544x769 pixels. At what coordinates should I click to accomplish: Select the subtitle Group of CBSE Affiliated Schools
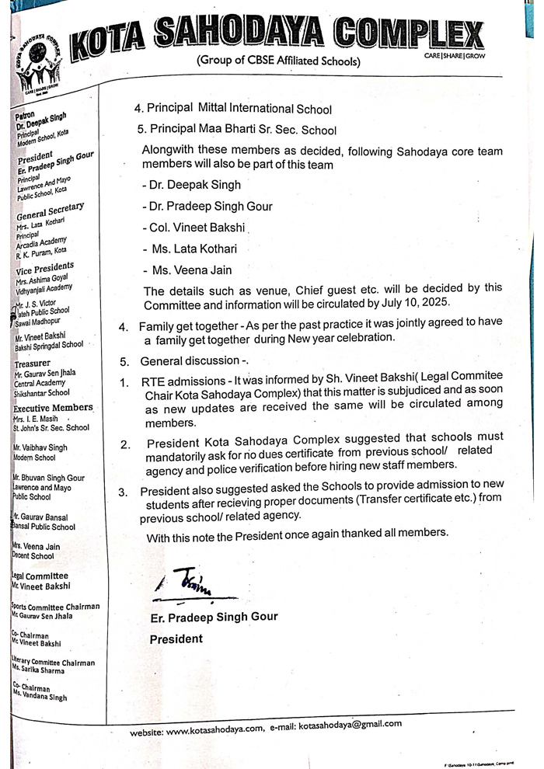(277, 60)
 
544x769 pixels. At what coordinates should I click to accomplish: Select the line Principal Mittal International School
(233, 110)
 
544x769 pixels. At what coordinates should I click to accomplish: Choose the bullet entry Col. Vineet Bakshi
(194, 228)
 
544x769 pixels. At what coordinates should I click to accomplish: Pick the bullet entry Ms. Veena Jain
(187, 270)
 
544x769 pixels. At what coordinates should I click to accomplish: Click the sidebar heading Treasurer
(32, 363)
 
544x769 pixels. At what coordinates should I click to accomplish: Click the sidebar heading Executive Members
(53, 408)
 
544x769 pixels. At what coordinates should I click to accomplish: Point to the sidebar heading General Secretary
(50, 211)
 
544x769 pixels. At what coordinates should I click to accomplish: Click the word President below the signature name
(176, 639)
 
